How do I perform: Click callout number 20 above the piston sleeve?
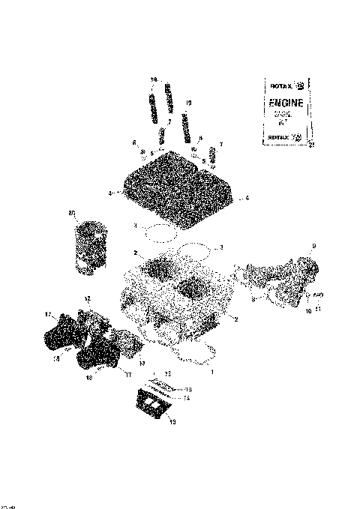(72, 214)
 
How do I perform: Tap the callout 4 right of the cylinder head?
(247, 199)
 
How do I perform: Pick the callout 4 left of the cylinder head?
(110, 193)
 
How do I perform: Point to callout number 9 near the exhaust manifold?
(313, 246)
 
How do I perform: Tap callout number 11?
(317, 308)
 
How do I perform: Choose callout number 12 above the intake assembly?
(87, 299)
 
